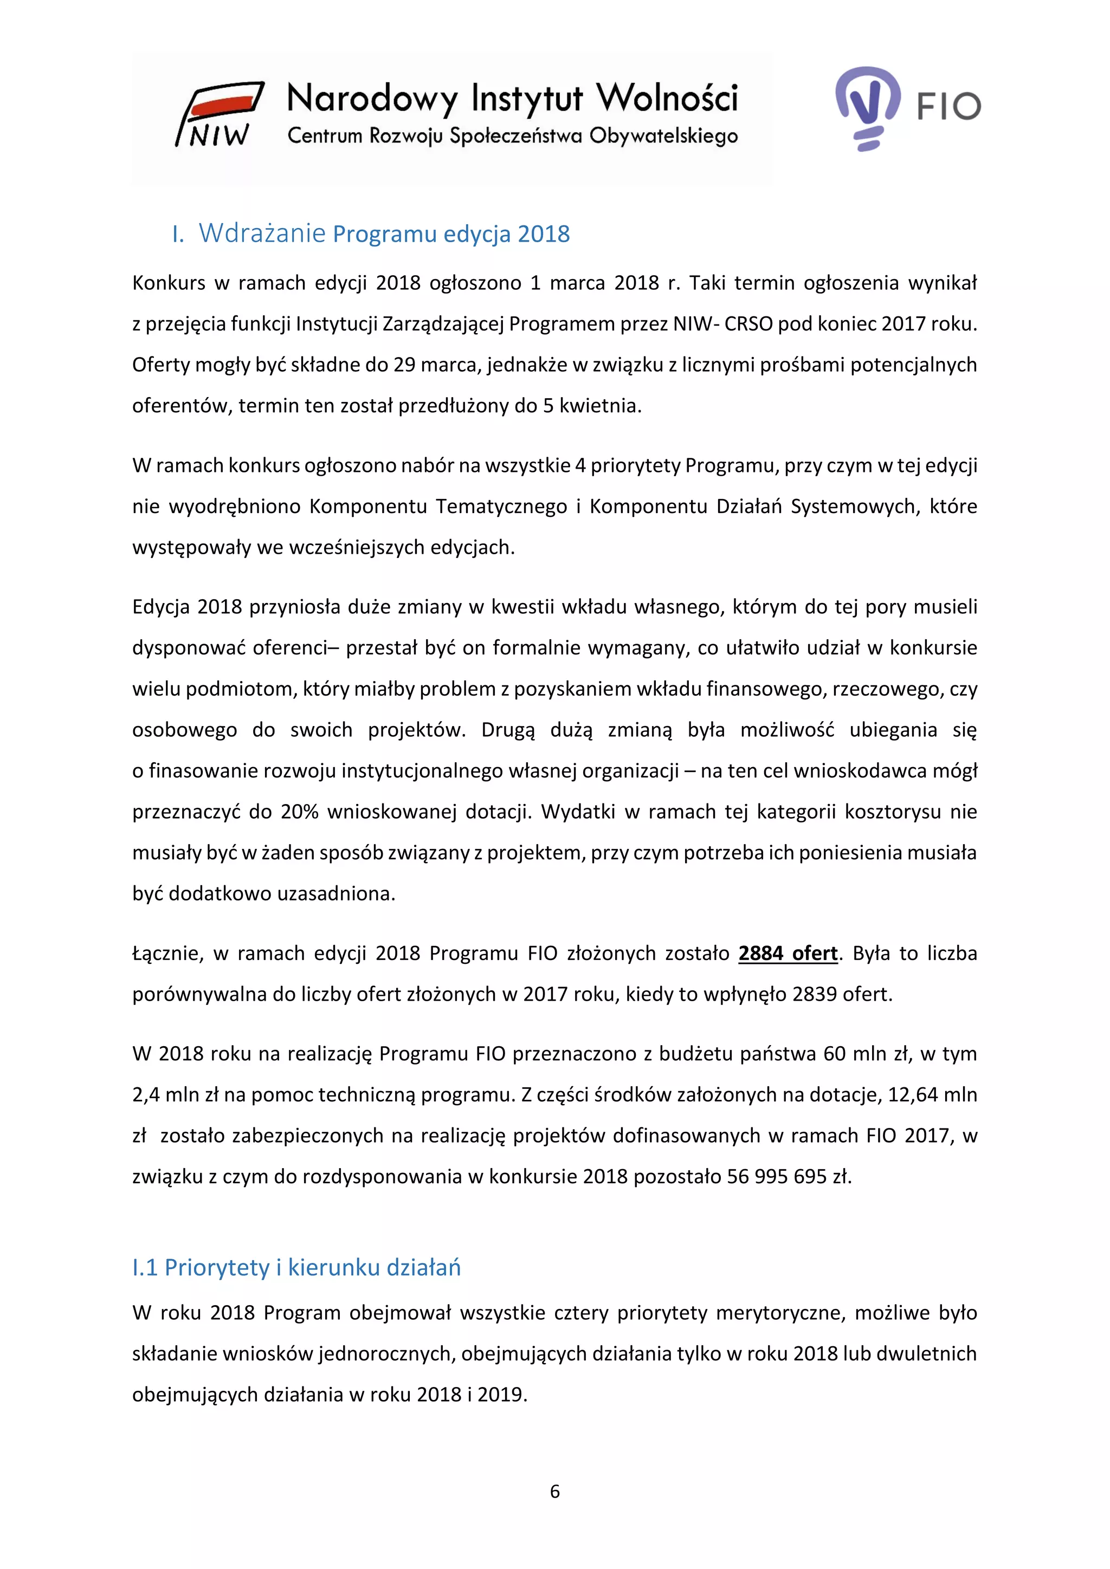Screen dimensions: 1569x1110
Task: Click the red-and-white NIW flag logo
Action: click(220, 113)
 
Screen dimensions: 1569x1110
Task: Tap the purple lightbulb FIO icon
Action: click(867, 106)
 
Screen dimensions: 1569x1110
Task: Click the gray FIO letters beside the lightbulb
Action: click(948, 107)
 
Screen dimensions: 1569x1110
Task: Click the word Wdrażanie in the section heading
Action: click(262, 233)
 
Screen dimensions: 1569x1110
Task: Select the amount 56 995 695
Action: click(777, 1176)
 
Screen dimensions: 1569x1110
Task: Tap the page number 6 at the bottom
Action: click(554, 1491)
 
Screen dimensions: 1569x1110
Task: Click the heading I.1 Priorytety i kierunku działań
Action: click(296, 1267)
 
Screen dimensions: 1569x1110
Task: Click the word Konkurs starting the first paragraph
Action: click(168, 282)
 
